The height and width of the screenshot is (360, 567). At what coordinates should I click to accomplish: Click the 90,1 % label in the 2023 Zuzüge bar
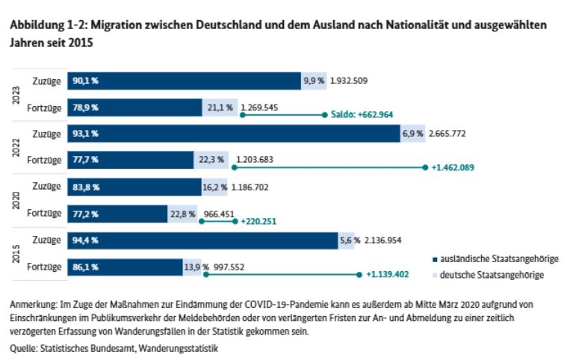(x=85, y=81)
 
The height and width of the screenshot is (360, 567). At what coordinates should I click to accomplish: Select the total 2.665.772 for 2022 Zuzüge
(x=458, y=134)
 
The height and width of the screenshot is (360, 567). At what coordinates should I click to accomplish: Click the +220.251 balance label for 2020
(x=259, y=221)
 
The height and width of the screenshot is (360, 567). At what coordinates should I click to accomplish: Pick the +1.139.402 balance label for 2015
(x=388, y=275)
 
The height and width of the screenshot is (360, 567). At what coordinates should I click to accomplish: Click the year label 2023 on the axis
(x=16, y=94)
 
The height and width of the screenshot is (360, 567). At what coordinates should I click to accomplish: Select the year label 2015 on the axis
(x=16, y=254)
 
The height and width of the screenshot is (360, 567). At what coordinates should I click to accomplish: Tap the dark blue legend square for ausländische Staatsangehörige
(x=435, y=259)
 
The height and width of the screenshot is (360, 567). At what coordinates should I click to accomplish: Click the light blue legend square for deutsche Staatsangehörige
(x=435, y=276)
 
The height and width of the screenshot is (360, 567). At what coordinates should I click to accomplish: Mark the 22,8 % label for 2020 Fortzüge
(x=183, y=214)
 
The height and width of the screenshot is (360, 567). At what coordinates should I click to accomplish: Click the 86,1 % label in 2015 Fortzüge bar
(x=85, y=267)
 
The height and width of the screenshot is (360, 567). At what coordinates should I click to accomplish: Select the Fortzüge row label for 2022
(x=45, y=160)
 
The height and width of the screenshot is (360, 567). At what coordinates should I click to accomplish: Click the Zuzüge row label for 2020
(x=47, y=187)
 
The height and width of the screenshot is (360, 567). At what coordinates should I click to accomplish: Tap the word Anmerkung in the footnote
(x=33, y=306)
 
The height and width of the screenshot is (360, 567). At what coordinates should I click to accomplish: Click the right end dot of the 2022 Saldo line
(x=424, y=167)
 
